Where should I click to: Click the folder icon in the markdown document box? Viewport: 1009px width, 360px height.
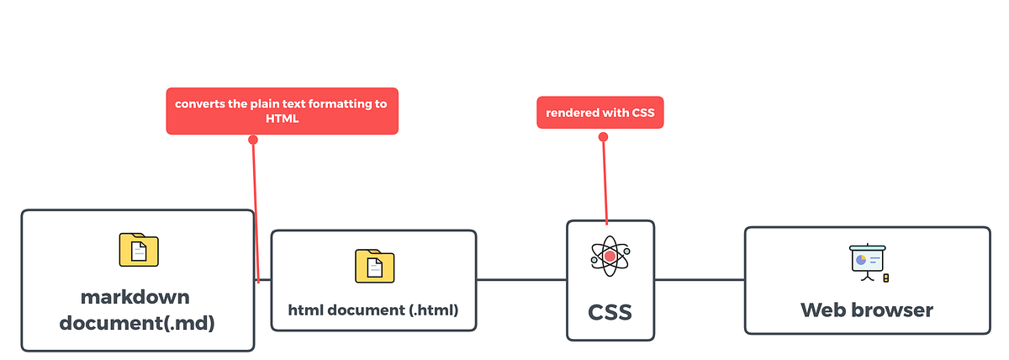[x=139, y=250]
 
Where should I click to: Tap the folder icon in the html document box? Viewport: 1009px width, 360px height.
[x=374, y=266]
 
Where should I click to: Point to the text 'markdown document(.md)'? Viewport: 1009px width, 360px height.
[x=136, y=310]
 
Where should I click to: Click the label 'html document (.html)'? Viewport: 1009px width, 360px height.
[x=373, y=310]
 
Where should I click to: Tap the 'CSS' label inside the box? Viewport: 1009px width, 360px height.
[x=610, y=313]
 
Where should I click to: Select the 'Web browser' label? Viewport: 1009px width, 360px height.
[x=867, y=310]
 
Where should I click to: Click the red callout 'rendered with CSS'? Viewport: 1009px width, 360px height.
[x=600, y=113]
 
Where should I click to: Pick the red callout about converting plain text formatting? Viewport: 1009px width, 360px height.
[x=282, y=111]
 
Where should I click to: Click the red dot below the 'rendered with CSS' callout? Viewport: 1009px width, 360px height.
[x=603, y=137]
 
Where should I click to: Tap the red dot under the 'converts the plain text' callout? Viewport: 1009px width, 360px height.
[x=252, y=140]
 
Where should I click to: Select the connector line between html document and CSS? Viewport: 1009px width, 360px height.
[x=521, y=279]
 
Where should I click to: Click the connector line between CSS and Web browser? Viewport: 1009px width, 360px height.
[x=699, y=279]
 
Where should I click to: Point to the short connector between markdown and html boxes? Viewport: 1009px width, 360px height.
[x=264, y=280]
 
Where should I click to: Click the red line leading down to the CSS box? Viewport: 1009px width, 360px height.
[x=605, y=181]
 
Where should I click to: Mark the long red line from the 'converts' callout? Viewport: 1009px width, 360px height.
[x=255, y=210]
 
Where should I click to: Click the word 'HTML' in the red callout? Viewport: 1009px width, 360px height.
[x=282, y=119]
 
